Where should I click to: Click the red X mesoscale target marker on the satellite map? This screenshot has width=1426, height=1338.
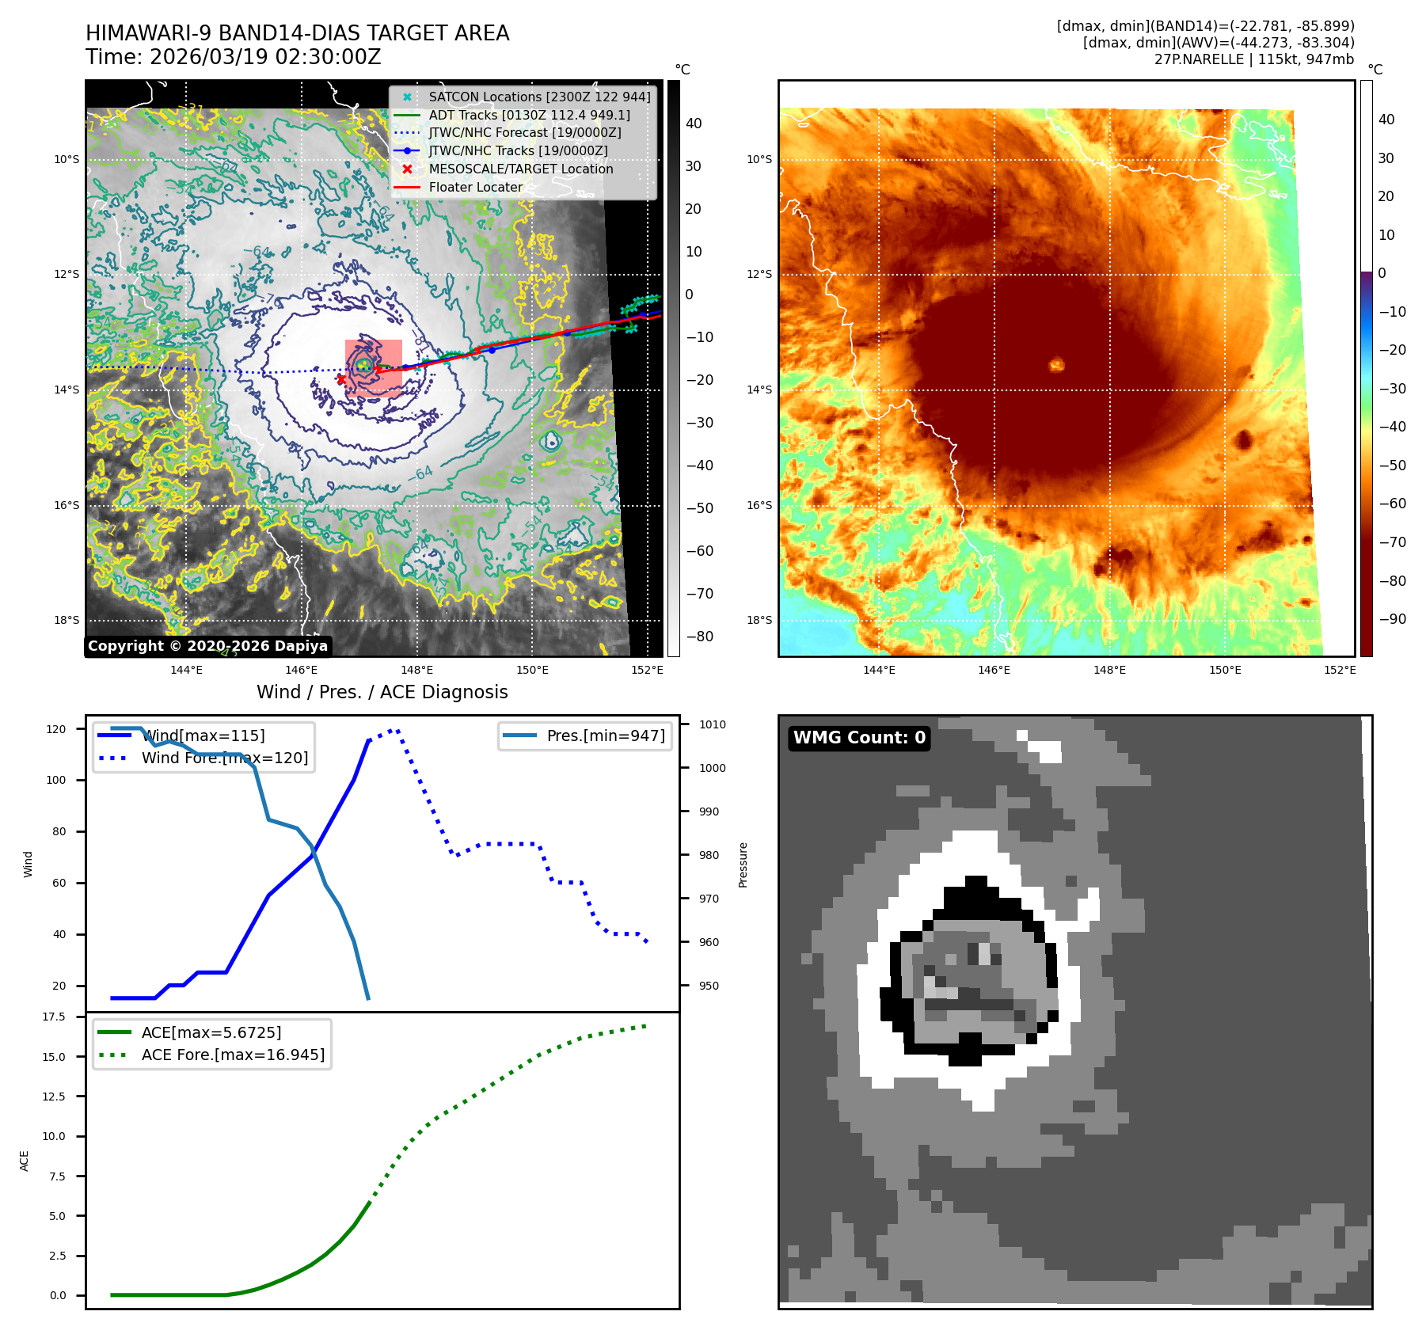click(341, 379)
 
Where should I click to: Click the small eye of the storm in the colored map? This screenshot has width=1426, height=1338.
click(1056, 365)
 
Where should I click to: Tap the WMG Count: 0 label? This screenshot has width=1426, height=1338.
click(859, 738)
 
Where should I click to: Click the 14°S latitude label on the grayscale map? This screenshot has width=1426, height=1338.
click(67, 390)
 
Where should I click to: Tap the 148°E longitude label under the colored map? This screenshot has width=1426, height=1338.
click(1109, 671)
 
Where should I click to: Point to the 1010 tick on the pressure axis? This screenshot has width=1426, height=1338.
click(712, 724)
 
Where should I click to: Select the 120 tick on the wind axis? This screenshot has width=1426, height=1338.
click(56, 729)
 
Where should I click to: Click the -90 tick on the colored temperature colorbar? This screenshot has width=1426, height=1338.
click(1392, 619)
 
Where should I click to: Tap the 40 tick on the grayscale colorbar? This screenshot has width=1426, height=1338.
click(694, 124)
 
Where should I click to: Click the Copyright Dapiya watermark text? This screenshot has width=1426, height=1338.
click(207, 646)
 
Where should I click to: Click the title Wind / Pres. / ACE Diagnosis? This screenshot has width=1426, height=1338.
click(382, 692)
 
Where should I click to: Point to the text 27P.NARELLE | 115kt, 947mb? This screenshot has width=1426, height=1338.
click(1253, 59)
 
